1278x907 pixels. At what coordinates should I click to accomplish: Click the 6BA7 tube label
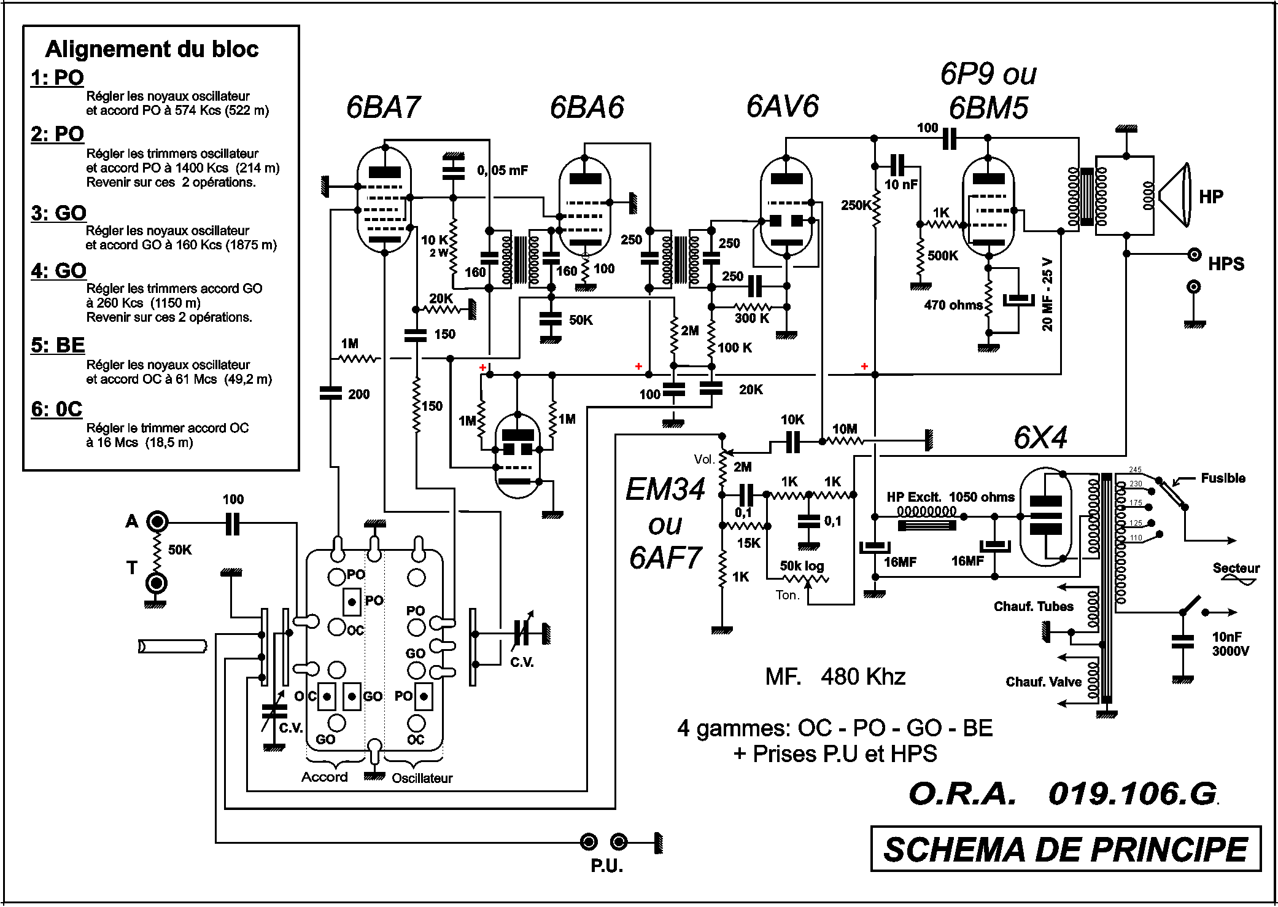pyautogui.click(x=383, y=107)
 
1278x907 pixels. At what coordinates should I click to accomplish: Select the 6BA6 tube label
pyautogui.click(x=587, y=107)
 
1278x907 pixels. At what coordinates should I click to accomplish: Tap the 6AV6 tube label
pyautogui.click(x=782, y=106)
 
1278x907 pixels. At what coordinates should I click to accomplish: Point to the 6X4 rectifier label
pyautogui.click(x=1040, y=438)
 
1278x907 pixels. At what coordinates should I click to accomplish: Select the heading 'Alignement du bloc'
pyautogui.click(x=152, y=49)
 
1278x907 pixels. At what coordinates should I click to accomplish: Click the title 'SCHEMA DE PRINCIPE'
pyautogui.click(x=1066, y=850)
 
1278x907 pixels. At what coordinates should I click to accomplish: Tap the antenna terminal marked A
pyautogui.click(x=157, y=522)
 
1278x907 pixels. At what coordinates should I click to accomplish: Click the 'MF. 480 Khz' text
pyautogui.click(x=835, y=677)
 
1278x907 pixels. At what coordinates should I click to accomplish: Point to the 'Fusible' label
pyautogui.click(x=1223, y=478)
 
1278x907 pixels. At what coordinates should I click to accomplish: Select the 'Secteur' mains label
pyautogui.click(x=1236, y=569)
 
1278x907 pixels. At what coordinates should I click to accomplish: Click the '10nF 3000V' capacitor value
pyautogui.click(x=1230, y=644)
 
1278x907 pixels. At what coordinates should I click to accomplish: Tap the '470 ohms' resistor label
pyautogui.click(x=953, y=305)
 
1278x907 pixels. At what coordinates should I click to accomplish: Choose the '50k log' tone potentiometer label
pyautogui.click(x=802, y=566)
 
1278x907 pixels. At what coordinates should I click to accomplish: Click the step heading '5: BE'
pyautogui.click(x=58, y=345)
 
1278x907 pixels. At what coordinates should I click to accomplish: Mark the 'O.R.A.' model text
pyautogui.click(x=962, y=794)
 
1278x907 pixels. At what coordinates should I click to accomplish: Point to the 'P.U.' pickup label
pyautogui.click(x=606, y=866)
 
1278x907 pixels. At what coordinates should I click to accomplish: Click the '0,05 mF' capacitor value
pyautogui.click(x=502, y=171)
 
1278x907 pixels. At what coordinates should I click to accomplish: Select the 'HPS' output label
pyautogui.click(x=1226, y=264)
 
